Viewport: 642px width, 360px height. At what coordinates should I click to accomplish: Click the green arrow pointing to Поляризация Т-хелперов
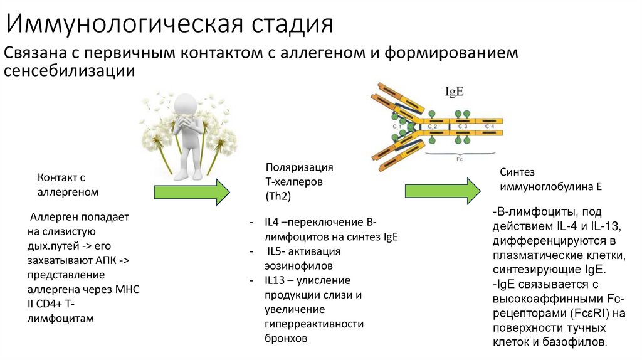(192, 191)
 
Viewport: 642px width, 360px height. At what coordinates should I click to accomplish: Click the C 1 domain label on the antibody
(397, 127)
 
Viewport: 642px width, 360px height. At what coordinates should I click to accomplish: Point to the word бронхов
(287, 338)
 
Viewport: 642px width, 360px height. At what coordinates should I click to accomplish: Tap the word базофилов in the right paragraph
(580, 342)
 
